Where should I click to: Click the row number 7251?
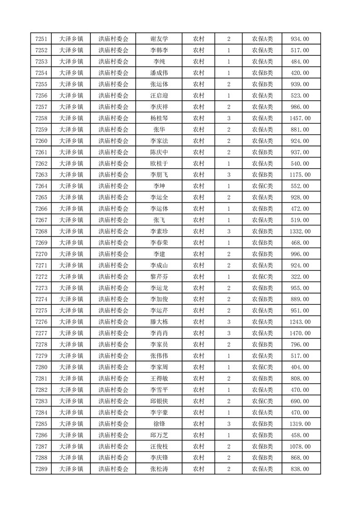coord(42,39)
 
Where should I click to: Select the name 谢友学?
coord(159,39)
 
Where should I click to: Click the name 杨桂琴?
coord(159,118)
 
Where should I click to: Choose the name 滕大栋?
coord(159,322)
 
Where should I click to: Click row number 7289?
coord(42,469)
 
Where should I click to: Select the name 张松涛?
coord(159,469)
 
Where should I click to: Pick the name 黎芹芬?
coord(159,277)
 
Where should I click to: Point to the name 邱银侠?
coord(159,401)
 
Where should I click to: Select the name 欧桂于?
coord(159,163)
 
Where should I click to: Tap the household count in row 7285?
coord(228,424)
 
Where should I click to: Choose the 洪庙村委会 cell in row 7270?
coord(113,254)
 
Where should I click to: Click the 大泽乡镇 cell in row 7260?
coord(71,141)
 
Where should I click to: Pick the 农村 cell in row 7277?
coord(198,333)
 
